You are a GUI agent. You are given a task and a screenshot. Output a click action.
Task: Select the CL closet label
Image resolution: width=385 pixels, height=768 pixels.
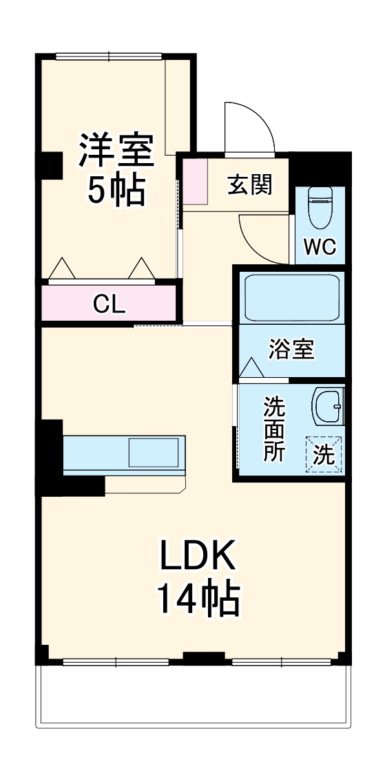click(110, 303)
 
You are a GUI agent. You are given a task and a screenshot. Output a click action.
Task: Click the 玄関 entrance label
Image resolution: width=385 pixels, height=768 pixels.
click(250, 184)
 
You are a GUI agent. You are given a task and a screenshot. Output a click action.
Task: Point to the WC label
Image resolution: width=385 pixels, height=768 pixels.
click(320, 247)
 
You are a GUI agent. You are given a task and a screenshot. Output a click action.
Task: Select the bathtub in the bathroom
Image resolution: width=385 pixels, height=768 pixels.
click(292, 297)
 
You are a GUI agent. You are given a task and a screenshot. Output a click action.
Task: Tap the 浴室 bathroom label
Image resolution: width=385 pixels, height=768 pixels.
click(292, 350)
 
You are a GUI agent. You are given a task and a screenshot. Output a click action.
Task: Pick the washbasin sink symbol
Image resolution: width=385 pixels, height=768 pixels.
click(326, 407)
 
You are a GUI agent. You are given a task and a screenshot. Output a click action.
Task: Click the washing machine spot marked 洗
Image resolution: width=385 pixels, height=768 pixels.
click(324, 454)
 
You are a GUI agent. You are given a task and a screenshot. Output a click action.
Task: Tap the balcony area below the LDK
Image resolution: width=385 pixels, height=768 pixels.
click(193, 695)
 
